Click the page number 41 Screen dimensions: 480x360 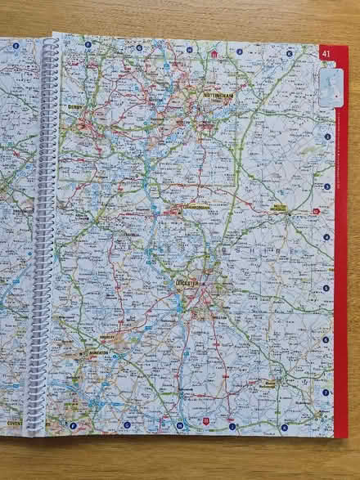coord(326,54)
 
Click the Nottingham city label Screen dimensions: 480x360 coord(218,96)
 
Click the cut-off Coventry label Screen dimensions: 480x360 coord(14,423)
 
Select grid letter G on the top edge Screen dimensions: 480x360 coord(139,47)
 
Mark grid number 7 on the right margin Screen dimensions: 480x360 coord(326,392)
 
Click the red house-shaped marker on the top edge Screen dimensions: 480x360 coord(214,54)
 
